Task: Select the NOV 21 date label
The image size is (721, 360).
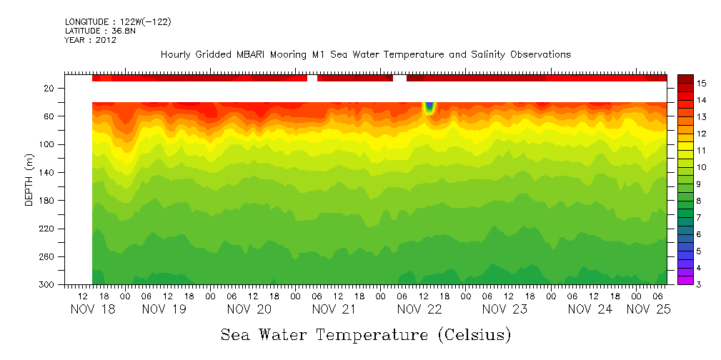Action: [334, 309]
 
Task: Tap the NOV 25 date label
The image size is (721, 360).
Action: [648, 309]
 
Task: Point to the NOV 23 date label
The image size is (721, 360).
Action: [504, 309]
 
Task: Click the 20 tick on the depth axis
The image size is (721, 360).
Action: [50, 89]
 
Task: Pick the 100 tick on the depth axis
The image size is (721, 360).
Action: [48, 145]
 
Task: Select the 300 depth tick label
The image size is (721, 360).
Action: [48, 285]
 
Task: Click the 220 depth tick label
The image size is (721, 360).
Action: [48, 229]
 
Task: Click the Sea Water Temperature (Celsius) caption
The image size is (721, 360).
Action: [365, 335]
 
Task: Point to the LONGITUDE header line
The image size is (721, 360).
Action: [118, 21]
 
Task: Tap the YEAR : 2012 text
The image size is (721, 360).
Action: [90, 40]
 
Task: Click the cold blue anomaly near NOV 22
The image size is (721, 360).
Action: [429, 108]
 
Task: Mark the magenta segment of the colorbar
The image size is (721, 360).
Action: [685, 280]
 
